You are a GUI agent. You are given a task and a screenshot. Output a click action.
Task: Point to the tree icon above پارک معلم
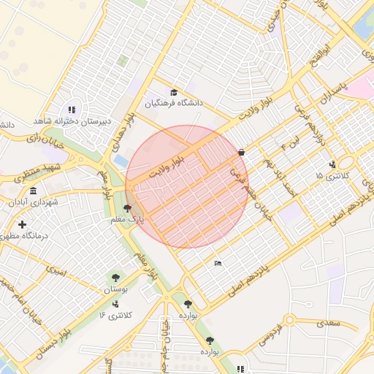(129, 209)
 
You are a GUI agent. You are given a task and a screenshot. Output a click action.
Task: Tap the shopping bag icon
(241, 153)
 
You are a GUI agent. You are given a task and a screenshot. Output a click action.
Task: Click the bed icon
(217, 263)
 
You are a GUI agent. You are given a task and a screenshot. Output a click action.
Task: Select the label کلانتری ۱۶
(117, 315)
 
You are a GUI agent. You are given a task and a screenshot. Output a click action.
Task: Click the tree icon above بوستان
(115, 277)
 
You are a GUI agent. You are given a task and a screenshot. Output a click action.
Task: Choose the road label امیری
(56, 271)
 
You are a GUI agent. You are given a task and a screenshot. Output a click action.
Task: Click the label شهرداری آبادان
(34, 202)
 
